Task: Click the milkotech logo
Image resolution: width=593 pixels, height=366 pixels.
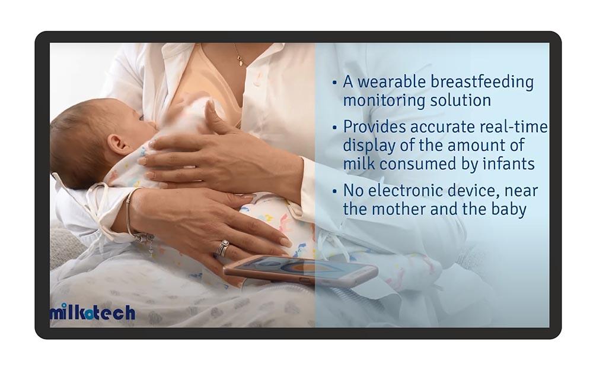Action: click(x=93, y=313)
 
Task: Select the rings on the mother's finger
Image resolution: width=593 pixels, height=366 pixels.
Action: click(x=222, y=248)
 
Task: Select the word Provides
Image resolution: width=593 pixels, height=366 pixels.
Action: click(x=374, y=127)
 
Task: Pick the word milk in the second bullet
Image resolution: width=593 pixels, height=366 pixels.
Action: click(x=359, y=163)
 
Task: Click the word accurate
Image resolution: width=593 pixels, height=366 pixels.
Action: click(x=442, y=127)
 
